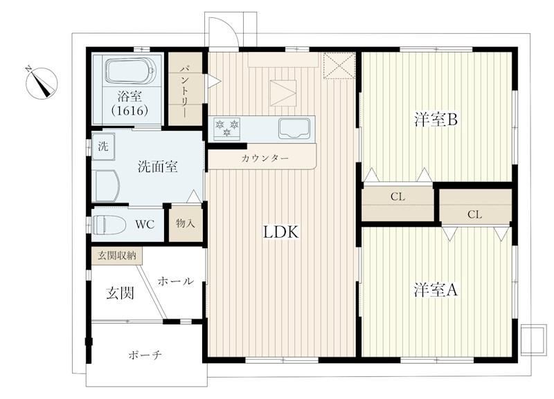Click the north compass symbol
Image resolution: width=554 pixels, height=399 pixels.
point(42,83)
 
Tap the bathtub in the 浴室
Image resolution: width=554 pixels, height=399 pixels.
point(130,71)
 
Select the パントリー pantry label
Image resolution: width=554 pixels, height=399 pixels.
point(185,89)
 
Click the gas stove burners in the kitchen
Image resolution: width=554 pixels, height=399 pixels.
point(227,128)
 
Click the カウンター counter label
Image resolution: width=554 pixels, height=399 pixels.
point(265,158)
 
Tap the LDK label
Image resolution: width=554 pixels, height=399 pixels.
point(281,232)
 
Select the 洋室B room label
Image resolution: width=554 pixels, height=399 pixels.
point(436,120)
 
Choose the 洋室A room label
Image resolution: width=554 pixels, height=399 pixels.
point(436,290)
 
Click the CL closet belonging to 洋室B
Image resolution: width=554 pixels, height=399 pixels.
point(397,202)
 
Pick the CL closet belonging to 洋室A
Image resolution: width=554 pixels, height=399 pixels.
point(475,207)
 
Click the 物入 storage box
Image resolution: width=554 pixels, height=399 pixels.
point(186,224)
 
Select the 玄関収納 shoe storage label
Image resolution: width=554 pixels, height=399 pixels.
point(117,256)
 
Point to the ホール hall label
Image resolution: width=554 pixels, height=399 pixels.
point(176,281)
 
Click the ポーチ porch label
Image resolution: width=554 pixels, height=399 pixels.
point(145,355)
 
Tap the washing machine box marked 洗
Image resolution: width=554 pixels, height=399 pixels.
point(103,147)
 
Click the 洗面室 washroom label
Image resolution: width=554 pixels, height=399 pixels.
point(158,167)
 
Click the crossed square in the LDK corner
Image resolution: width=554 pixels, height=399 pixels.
point(339,65)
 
